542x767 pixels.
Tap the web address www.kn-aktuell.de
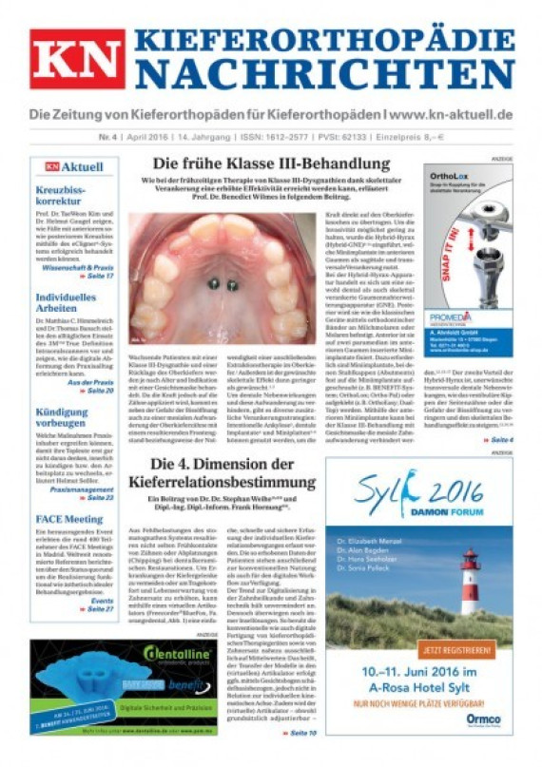444,116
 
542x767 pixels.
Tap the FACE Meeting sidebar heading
68,520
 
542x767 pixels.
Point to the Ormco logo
484,719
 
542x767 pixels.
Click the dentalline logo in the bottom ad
169,654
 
